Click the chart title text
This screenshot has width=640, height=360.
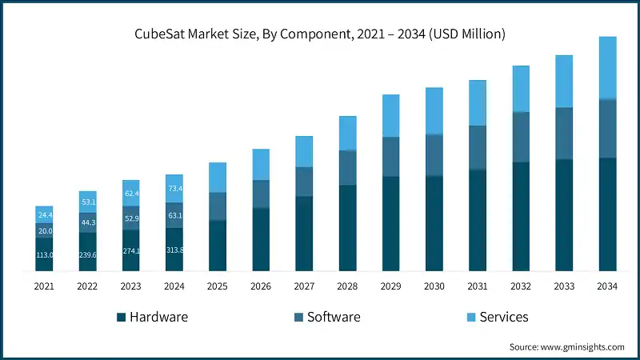pos(320,34)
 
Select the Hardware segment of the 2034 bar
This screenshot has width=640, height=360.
pos(608,214)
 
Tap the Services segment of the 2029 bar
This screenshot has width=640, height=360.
pos(391,116)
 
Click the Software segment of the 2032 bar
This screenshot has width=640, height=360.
pos(522,137)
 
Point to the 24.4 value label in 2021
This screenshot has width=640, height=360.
pos(44,215)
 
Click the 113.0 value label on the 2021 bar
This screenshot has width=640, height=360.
pos(44,254)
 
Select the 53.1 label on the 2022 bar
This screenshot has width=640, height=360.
pos(88,202)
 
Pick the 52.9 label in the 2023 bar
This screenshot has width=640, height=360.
pos(131,218)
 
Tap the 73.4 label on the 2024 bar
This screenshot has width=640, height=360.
pos(174,189)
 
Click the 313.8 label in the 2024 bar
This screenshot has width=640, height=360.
pos(174,250)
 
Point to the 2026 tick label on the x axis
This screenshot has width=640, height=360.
pos(261,286)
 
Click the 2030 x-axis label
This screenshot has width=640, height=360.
pos(434,286)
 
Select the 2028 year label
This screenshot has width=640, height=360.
pos(347,286)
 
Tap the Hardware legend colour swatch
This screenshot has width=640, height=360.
pos(122,317)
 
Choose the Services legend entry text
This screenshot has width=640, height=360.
pos(504,317)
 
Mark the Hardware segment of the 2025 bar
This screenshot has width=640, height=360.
pos(218,246)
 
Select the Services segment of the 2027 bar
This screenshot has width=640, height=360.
pos(304,151)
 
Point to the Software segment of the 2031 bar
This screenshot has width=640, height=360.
pos(478,148)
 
